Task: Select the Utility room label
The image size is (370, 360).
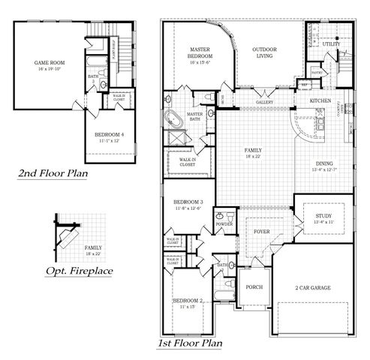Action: click(332, 44)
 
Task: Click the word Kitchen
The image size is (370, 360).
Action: click(321, 100)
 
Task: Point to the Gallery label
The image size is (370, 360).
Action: click(264, 100)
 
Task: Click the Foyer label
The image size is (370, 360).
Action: click(260, 231)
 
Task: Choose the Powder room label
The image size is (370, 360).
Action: click(224, 224)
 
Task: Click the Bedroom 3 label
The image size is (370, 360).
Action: click(188, 203)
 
